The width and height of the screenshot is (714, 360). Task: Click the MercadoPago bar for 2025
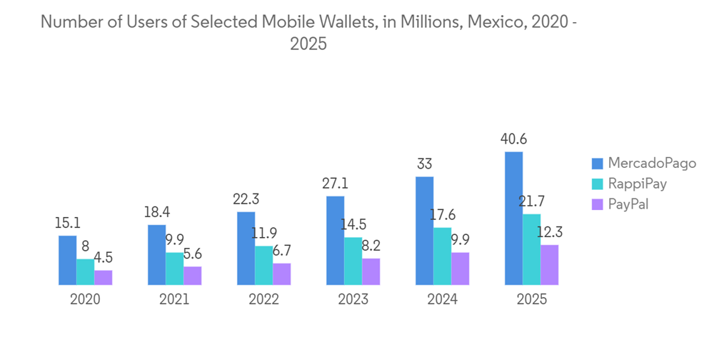point(513,218)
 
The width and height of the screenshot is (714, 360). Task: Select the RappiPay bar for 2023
point(353,261)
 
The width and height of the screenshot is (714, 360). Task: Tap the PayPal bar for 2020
point(103,277)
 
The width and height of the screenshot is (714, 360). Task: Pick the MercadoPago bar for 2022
point(246,248)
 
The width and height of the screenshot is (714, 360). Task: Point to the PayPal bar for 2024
point(460,269)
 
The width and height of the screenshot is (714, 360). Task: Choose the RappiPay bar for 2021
point(174,269)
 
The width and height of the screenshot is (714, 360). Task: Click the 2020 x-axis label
point(85,299)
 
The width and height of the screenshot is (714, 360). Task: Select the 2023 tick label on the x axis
point(353,299)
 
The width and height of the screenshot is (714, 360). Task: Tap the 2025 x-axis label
point(531,299)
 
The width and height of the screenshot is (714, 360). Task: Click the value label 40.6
point(513,139)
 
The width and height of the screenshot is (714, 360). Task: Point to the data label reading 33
point(424,164)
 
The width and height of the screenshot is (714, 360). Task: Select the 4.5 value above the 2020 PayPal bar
point(103,258)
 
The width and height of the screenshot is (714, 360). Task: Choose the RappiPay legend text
point(637,184)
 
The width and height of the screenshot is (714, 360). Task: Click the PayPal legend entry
point(628,204)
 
